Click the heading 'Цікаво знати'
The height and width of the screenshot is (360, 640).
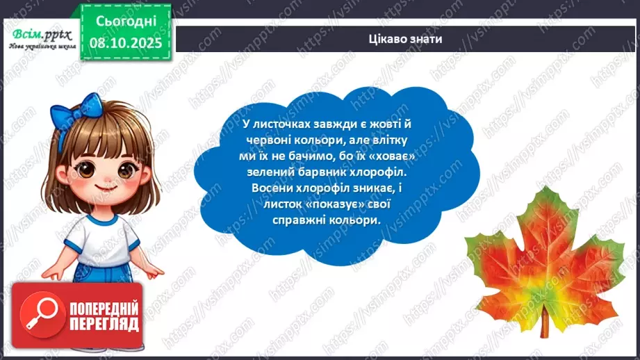[407, 40]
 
